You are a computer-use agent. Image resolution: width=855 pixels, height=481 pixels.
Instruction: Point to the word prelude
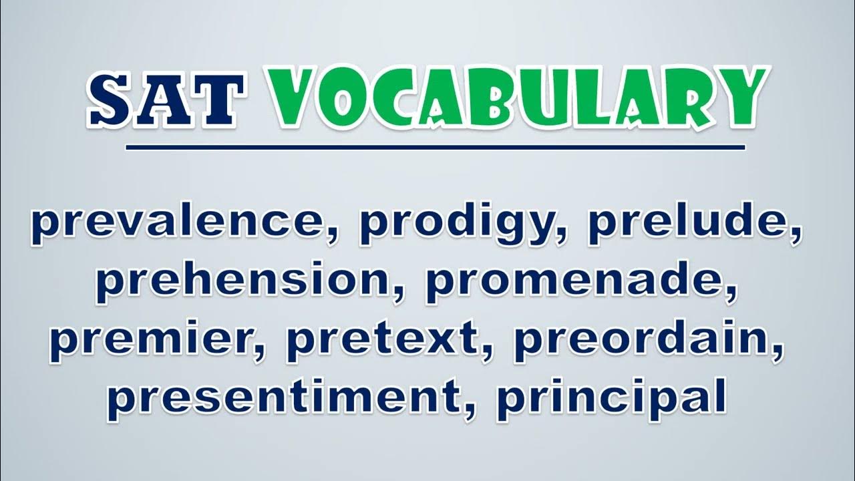point(690,223)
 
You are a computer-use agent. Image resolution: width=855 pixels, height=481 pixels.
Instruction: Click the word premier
point(154,340)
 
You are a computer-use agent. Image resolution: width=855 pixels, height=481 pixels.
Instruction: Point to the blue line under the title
point(435,148)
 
